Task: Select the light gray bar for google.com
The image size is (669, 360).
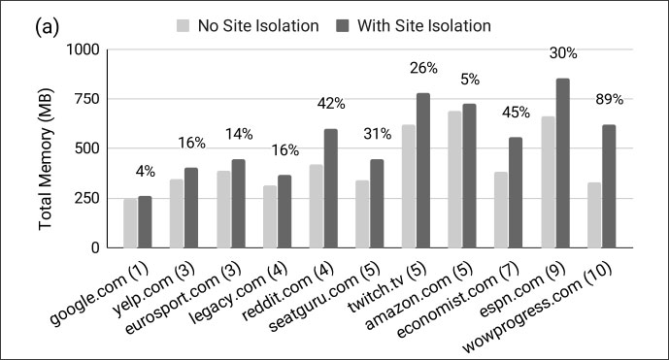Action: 130,223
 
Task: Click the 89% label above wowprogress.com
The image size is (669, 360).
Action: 609,99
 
